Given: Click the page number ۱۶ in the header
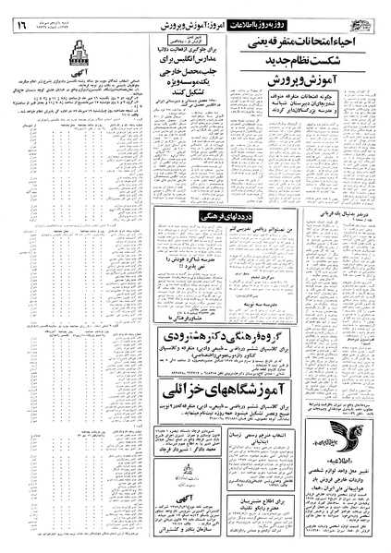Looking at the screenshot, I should coord(19,13).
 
